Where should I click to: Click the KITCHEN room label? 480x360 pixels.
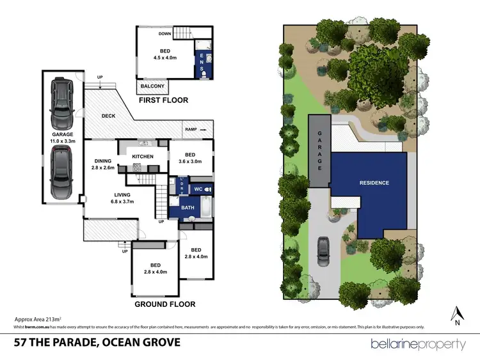(x=142, y=157)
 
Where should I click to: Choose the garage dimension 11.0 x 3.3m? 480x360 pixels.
(x=62, y=141)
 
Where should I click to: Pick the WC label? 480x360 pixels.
(x=198, y=189)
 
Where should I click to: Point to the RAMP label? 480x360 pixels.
(x=191, y=129)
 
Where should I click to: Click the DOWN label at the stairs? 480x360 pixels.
(x=164, y=34)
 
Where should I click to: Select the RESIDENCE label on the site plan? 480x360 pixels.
(x=374, y=183)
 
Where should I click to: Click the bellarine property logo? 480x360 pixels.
(x=419, y=345)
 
